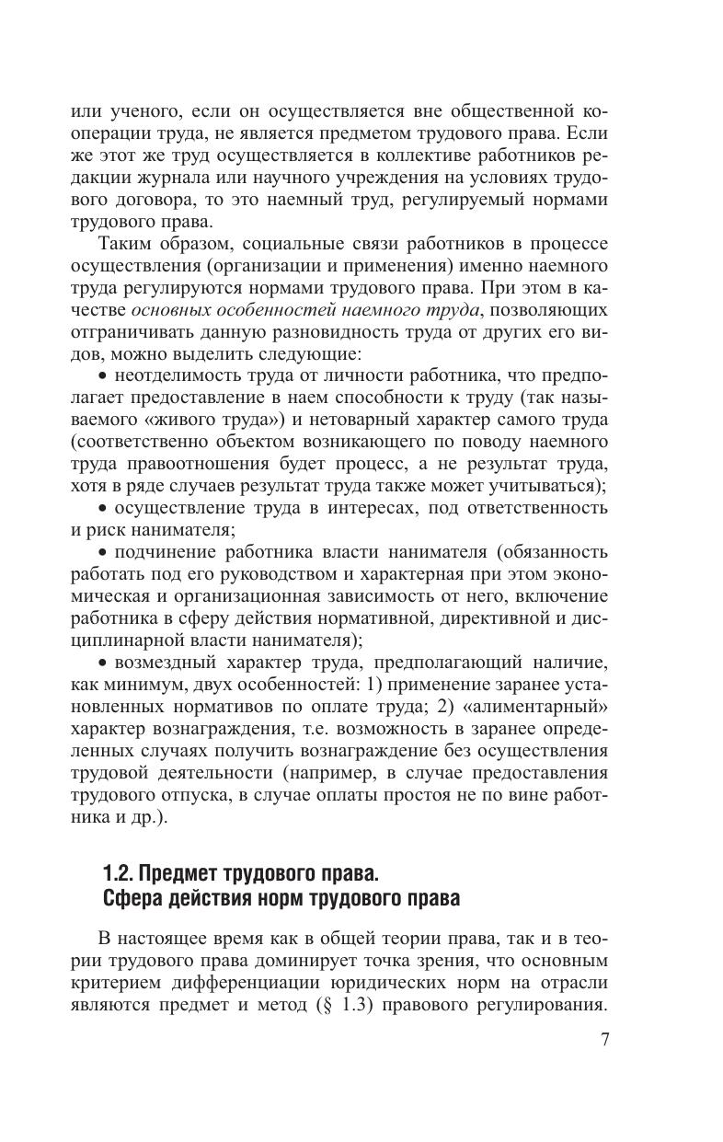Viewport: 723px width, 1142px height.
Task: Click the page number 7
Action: coord(603,1040)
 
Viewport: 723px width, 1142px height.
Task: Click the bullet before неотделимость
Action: coord(102,376)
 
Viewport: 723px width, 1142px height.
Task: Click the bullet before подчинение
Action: coord(102,552)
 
